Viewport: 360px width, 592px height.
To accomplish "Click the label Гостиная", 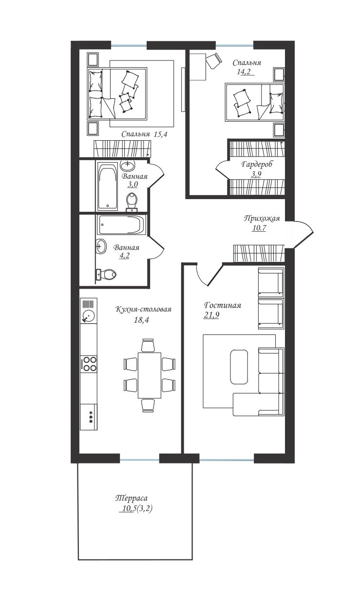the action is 222,305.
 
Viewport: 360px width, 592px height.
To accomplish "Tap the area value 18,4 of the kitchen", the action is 141,320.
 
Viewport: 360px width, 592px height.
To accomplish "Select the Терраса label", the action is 132,498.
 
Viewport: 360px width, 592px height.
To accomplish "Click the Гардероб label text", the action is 257,165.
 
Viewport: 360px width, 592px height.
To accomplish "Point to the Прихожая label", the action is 262,218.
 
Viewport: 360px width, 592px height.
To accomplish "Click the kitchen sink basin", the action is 88,315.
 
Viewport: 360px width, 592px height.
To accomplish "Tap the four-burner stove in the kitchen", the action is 89,364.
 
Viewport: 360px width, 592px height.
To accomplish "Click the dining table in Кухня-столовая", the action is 150,375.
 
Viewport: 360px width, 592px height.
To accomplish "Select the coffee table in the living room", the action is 239,367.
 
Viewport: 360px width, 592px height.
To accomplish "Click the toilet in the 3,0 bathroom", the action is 132,202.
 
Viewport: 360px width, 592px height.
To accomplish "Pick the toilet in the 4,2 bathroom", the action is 106,274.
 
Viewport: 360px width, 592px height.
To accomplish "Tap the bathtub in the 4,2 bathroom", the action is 122,225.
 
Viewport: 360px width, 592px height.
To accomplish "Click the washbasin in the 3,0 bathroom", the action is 128,166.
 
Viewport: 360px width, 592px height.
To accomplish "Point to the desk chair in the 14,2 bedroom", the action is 213,60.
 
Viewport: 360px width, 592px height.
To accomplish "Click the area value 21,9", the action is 211,315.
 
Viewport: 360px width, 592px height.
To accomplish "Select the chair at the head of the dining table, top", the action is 148,345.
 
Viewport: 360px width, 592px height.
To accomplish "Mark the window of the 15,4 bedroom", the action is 129,46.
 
